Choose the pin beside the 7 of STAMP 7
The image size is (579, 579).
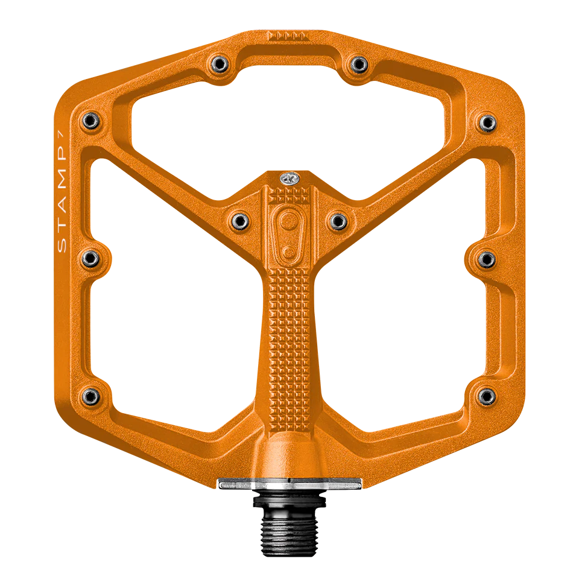(91, 120)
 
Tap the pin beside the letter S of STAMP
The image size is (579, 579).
(91, 258)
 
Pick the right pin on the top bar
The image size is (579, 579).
(359, 63)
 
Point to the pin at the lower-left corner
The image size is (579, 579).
(91, 396)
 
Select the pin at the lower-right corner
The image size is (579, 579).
(486, 396)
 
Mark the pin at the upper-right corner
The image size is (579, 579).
(486, 122)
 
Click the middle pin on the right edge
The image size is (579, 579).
(486, 259)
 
